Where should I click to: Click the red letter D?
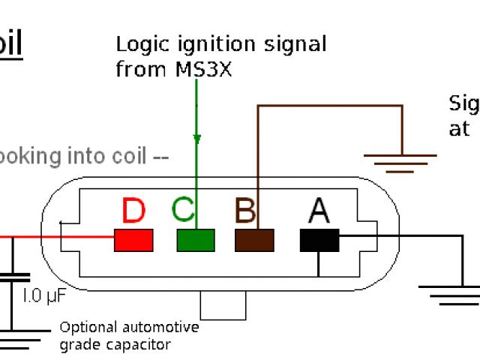click(x=133, y=211)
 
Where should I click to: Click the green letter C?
click(x=184, y=211)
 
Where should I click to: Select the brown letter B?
click(x=244, y=211)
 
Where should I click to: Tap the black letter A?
click(x=319, y=211)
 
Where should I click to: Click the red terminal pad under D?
click(x=133, y=240)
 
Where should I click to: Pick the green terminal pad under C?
click(x=195, y=240)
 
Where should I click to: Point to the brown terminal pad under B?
click(x=254, y=240)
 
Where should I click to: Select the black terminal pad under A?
click(x=319, y=240)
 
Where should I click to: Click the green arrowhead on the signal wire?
click(x=196, y=139)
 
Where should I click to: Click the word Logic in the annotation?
click(x=139, y=43)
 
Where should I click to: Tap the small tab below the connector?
click(x=223, y=304)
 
